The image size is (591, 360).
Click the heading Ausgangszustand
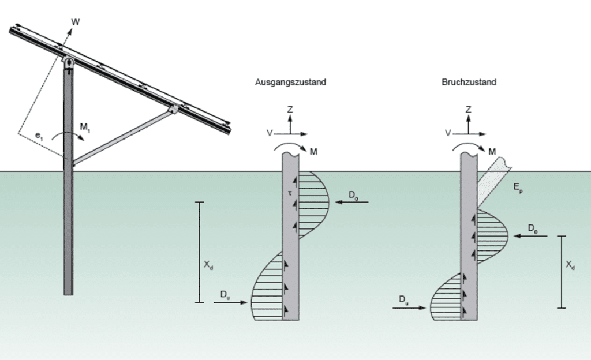[x=290, y=82]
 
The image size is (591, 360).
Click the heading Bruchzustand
[x=469, y=82]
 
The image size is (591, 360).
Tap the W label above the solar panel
[x=75, y=22]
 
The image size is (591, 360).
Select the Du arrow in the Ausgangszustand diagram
[x=232, y=302]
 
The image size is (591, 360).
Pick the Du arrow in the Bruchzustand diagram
[x=410, y=308]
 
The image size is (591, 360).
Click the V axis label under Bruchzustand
[x=448, y=133]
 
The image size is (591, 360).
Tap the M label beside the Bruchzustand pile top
[x=492, y=151]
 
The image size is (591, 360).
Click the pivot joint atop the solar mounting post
[x=69, y=62]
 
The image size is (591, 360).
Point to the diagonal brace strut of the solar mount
[x=121, y=135]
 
